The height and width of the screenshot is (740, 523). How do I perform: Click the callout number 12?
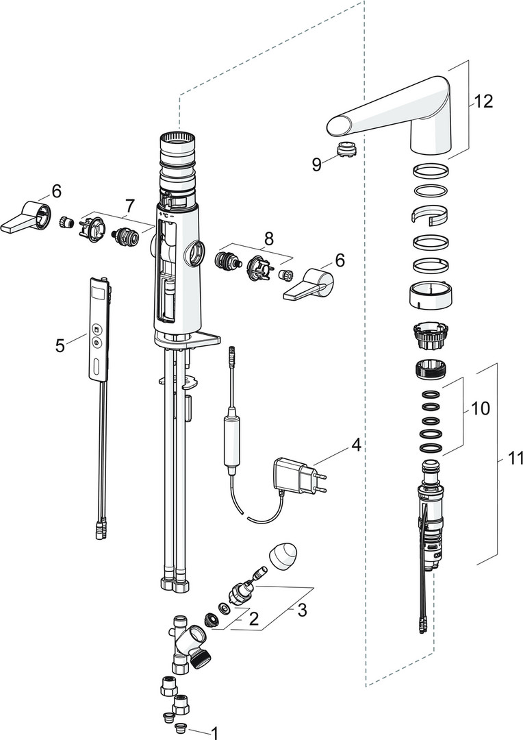[x=483, y=102]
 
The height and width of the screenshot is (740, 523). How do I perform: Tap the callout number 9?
[x=316, y=164]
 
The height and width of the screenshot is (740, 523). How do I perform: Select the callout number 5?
[x=60, y=345]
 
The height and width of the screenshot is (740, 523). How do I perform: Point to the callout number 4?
[x=355, y=445]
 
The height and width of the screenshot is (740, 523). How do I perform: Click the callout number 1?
[x=215, y=732]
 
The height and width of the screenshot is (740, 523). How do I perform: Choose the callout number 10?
[x=481, y=409]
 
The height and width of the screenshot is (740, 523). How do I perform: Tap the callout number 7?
[x=130, y=205]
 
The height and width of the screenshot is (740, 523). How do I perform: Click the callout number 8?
[x=269, y=239]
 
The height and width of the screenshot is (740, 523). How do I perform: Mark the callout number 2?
[x=253, y=620]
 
